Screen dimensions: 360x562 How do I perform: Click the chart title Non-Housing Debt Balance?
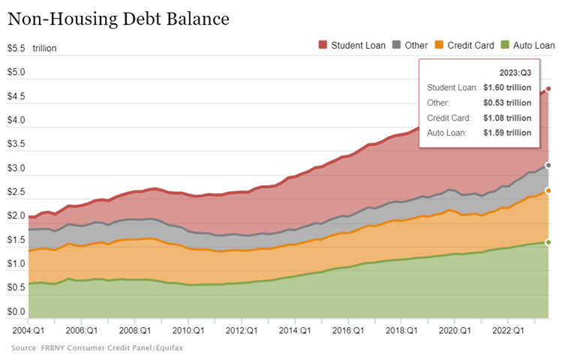click(x=118, y=16)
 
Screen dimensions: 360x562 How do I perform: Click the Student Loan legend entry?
click(x=352, y=46)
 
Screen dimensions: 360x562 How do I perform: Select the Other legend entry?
click(x=410, y=46)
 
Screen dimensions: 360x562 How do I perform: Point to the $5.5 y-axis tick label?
click(x=17, y=49)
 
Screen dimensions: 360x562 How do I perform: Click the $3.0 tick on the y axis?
click(x=17, y=169)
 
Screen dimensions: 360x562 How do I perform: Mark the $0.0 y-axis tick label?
click(x=17, y=311)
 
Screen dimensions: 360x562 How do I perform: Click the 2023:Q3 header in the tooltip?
click(x=515, y=72)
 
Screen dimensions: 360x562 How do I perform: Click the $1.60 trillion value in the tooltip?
click(x=507, y=88)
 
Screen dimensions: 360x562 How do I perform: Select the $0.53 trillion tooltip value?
click(x=507, y=103)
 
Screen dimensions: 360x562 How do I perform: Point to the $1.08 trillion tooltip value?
click(x=507, y=118)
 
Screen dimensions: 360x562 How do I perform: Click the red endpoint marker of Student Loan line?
click(x=548, y=89)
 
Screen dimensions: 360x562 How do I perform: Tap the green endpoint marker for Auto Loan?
click(x=548, y=242)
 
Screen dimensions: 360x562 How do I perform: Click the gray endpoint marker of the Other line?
click(x=548, y=165)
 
